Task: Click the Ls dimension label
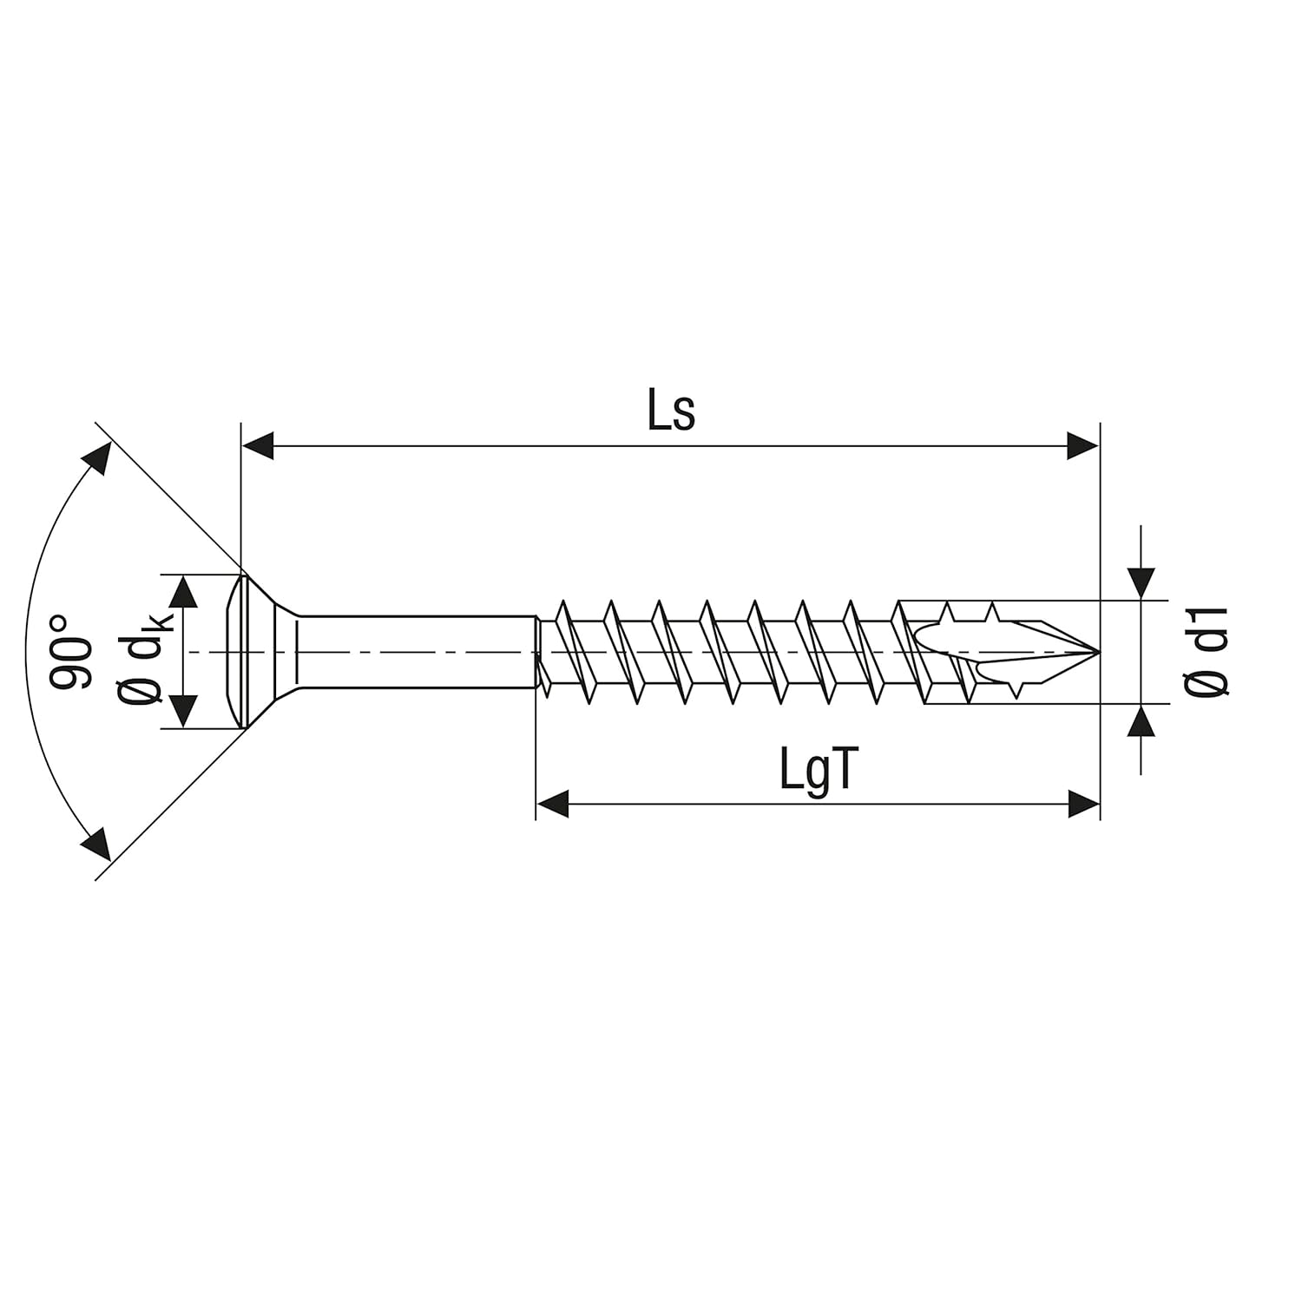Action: click(671, 412)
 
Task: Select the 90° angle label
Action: click(70, 652)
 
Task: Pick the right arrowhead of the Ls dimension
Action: click(1082, 447)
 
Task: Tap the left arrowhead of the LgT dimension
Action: click(553, 804)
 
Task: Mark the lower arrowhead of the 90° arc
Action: click(97, 845)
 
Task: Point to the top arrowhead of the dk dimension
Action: click(182, 592)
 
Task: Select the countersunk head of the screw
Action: click(260, 652)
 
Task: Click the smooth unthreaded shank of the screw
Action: click(417, 652)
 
